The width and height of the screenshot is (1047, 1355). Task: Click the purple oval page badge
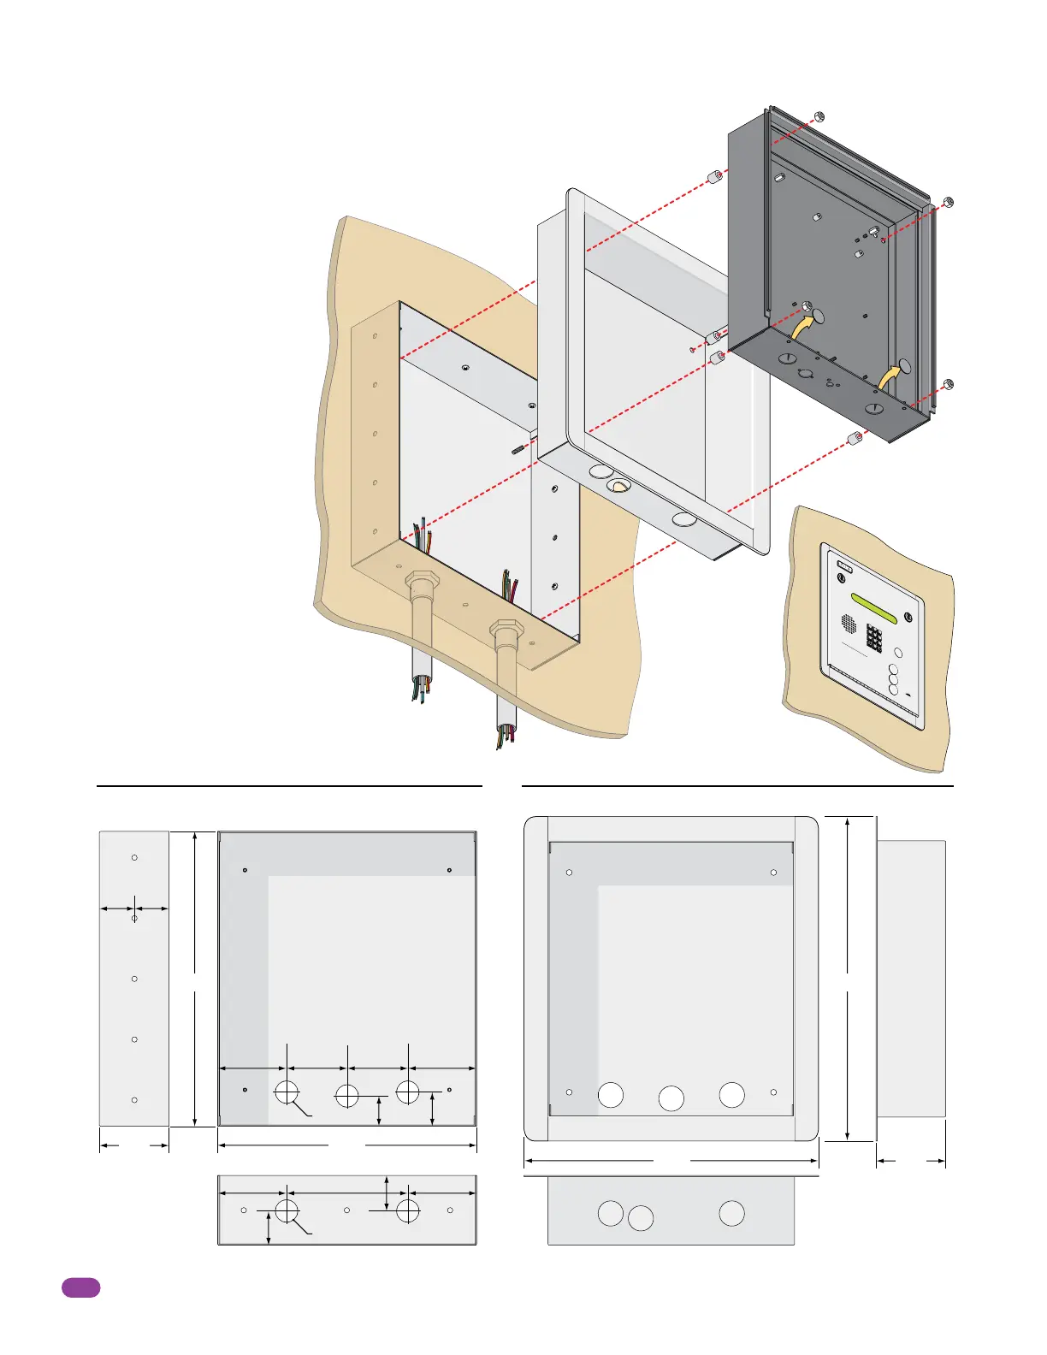pos(80,1287)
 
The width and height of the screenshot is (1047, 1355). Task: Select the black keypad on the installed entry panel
pos(874,637)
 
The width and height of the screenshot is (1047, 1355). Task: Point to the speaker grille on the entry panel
pos(849,623)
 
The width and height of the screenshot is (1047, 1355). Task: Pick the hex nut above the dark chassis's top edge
pos(819,116)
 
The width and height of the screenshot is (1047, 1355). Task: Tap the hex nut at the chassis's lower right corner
pos(948,384)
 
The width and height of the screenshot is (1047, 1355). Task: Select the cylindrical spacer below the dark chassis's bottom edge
pos(853,439)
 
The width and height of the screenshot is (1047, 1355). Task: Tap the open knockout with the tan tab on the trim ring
pos(618,486)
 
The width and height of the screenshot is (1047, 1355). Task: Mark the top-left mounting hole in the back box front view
pos(245,871)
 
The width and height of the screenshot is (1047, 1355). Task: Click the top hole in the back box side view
pos(134,857)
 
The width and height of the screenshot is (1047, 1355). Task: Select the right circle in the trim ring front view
pos(731,1095)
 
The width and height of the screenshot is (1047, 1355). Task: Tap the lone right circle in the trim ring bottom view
pos(731,1213)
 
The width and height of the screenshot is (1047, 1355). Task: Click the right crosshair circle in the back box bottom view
pos(408,1210)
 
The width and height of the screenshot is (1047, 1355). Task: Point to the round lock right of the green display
pos(908,618)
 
